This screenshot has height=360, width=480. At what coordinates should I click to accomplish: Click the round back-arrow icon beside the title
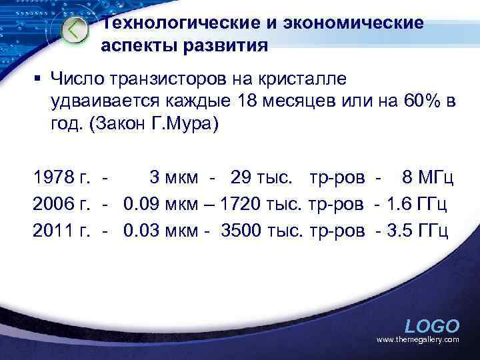click(x=74, y=30)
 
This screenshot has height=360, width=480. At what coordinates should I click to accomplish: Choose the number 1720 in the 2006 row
click(x=241, y=204)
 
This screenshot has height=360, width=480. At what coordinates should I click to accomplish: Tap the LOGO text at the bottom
click(x=432, y=326)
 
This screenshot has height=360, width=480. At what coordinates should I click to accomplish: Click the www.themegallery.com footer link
click(x=417, y=340)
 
